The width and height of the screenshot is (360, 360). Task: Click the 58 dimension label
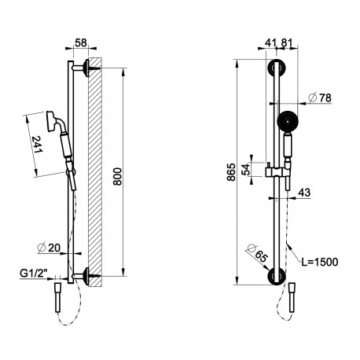81,42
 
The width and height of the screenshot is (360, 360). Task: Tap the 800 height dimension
118,177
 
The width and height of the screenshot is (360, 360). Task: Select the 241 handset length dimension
37,145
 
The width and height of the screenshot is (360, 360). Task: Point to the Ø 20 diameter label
49,248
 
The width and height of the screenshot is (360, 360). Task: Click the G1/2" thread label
34,274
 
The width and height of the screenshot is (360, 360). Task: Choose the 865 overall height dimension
231,172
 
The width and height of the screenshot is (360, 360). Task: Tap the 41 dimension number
270,42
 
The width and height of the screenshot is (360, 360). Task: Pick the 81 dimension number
286,42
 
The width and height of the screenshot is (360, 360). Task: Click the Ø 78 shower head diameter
320,97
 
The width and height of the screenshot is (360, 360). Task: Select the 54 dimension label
246,170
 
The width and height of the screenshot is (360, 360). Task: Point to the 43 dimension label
304,193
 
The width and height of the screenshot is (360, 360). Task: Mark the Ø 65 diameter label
256,253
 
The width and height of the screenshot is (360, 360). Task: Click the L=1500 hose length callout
320,262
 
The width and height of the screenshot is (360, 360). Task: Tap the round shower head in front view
288,121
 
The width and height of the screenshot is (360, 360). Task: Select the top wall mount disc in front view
277,68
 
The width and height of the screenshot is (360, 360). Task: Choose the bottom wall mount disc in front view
277,276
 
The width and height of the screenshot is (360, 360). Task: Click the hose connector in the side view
58,297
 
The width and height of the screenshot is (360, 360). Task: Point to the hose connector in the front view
292,297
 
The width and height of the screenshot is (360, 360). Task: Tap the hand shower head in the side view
51,121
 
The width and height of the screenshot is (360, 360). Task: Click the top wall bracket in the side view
84,68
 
